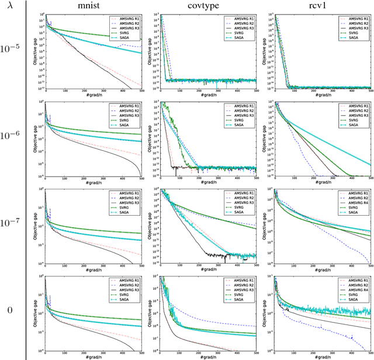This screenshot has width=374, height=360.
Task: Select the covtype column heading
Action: [x=207, y=8]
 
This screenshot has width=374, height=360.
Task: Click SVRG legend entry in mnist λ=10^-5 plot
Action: [x=129, y=33]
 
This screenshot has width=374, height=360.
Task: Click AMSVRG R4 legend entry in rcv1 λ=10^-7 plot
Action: [x=354, y=201]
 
